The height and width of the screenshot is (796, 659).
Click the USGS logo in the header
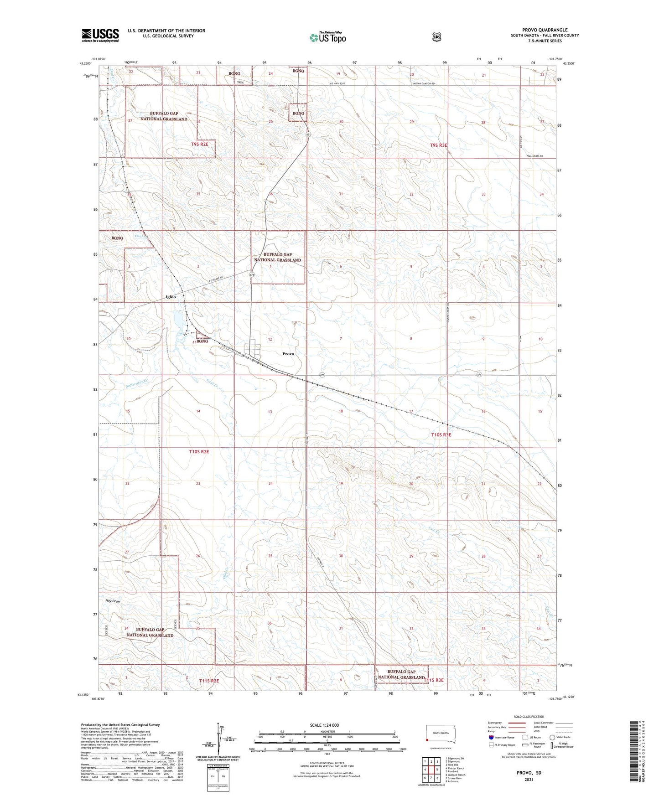(100, 35)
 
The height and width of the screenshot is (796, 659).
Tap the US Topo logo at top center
(327, 37)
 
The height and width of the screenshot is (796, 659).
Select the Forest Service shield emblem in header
(436, 37)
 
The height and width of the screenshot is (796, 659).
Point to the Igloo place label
(171, 297)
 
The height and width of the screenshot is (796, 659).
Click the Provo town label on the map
(288, 353)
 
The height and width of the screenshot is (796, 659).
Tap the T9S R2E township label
(202, 144)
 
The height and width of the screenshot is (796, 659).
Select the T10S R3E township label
(441, 435)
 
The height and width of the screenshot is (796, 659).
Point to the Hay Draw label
(113, 601)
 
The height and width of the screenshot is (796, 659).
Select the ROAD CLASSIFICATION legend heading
(529, 717)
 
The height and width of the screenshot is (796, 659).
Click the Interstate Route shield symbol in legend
(490, 737)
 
